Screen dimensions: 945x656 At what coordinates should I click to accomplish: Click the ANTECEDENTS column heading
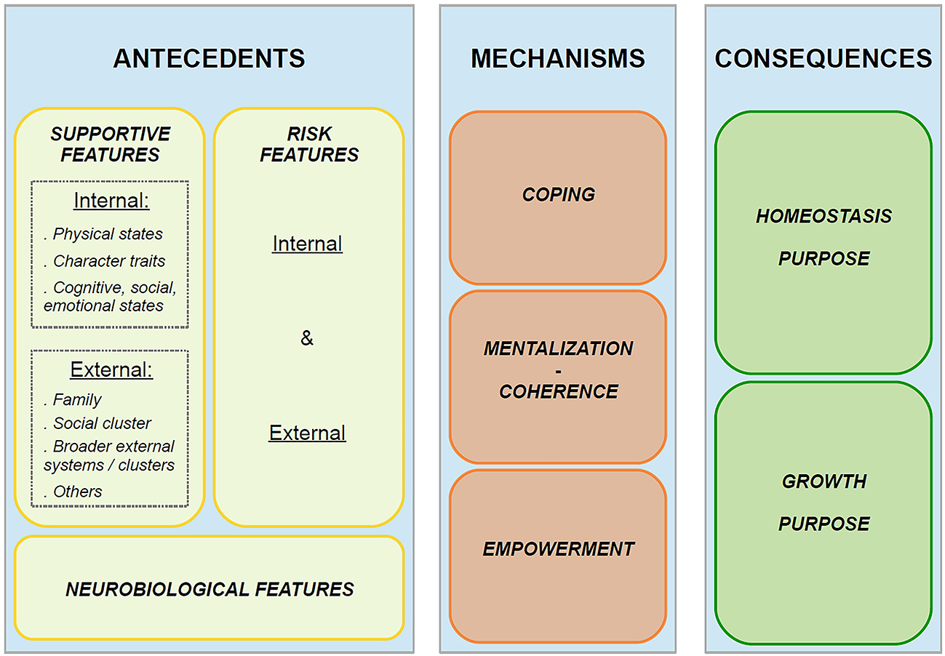point(209,58)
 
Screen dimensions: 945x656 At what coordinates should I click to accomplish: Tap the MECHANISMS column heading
point(558,58)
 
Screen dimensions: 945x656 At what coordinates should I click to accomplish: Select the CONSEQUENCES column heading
point(823,58)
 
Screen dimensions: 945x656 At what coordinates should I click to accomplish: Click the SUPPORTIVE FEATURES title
point(110,144)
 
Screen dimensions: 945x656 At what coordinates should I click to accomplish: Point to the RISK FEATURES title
point(309,144)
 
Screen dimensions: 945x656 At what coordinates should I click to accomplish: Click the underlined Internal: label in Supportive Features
point(111,201)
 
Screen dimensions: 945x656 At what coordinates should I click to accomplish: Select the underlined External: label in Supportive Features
point(111,369)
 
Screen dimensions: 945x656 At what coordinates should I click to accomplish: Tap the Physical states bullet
point(103,234)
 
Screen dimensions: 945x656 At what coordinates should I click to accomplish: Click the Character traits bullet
point(105,261)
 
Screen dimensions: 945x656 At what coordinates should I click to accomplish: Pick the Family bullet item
point(73,399)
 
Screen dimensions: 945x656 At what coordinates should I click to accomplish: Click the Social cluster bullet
point(97,423)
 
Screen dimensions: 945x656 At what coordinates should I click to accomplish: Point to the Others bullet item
point(73,492)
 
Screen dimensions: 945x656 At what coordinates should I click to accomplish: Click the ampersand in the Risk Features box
point(307,338)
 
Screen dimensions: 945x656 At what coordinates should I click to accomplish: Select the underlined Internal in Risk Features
point(307,244)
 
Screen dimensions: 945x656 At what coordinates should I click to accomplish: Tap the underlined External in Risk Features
point(307,433)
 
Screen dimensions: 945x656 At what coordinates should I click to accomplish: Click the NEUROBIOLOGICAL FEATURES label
point(210,589)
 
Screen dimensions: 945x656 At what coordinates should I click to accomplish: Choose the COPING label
point(559,194)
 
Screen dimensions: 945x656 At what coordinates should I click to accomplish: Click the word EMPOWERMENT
point(559,549)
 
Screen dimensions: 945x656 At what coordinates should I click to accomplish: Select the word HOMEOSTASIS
point(824,216)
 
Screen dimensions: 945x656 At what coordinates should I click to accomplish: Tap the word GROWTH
point(824,481)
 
